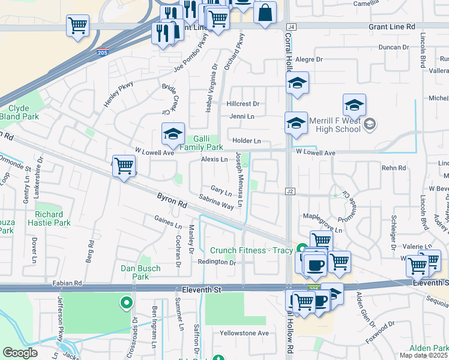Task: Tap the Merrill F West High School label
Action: [x=335, y=124]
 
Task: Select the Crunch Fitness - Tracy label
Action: [x=252, y=250]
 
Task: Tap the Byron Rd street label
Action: [x=171, y=200]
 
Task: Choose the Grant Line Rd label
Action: [x=391, y=27]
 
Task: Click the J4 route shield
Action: [x=292, y=27]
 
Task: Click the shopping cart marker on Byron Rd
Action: [x=124, y=166]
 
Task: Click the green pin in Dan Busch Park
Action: [x=126, y=303]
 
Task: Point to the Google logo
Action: [x=20, y=353]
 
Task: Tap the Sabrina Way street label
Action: [x=216, y=202]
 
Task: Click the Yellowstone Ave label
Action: [x=244, y=333]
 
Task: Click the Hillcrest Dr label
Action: [x=242, y=104]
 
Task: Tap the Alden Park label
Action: [x=429, y=349]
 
